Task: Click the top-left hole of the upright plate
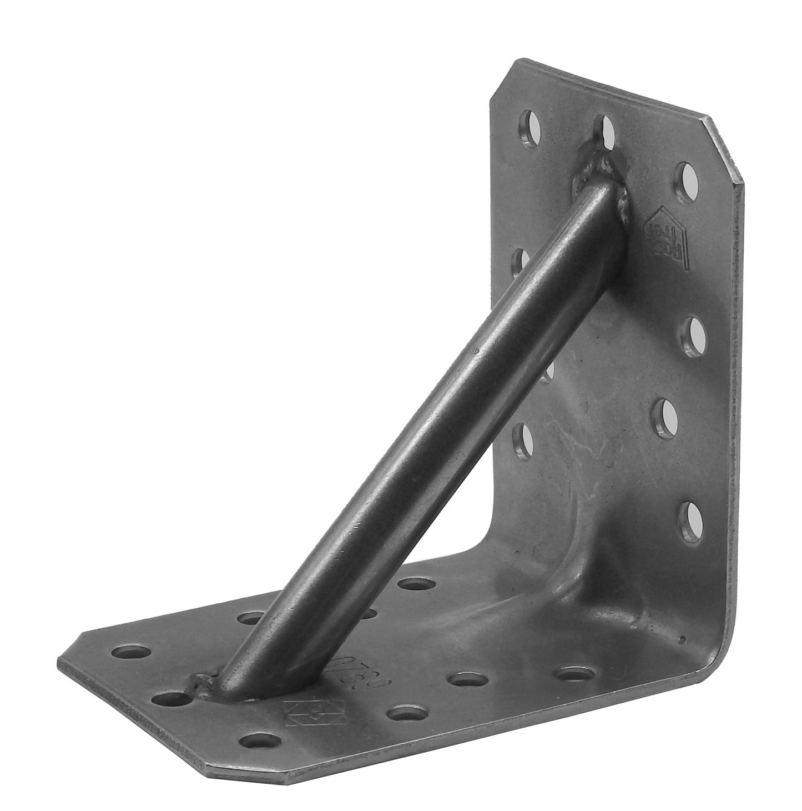[x=529, y=129]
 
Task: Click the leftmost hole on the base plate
[x=132, y=651]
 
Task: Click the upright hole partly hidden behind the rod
[x=547, y=371]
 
